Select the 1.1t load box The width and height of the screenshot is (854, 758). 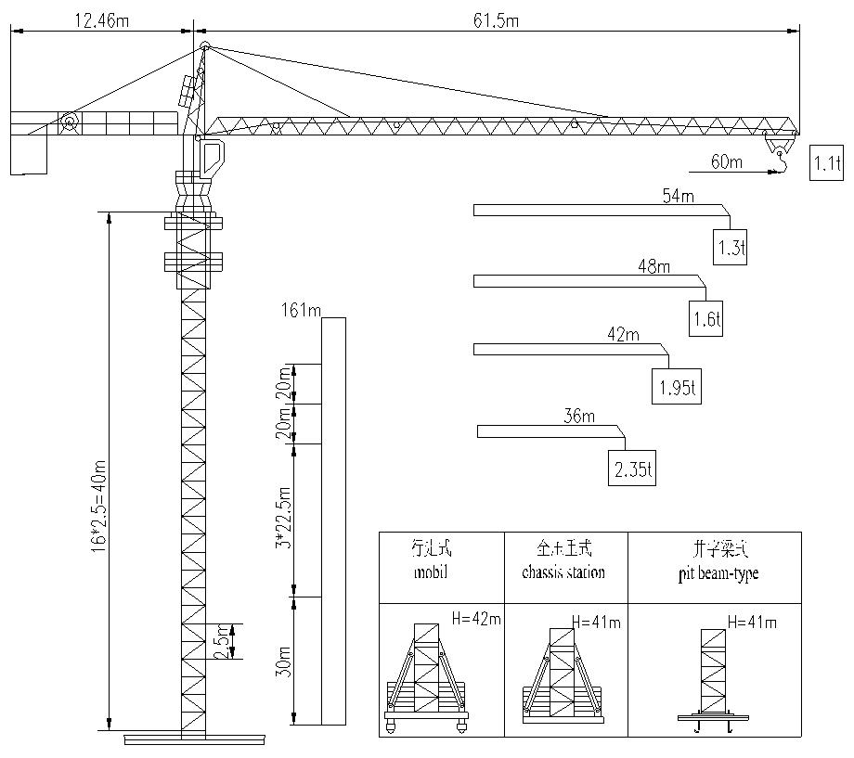tap(825, 163)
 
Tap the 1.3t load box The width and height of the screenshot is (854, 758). tap(730, 247)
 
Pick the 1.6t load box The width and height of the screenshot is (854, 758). tap(705, 319)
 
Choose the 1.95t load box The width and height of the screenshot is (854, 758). tap(676, 388)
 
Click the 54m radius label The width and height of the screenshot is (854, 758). tap(678, 196)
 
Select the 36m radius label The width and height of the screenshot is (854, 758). tap(579, 417)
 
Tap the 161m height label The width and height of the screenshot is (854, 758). tap(300, 310)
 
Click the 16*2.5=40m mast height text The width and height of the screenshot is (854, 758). tap(98, 505)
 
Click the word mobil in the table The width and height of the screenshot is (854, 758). tap(431, 572)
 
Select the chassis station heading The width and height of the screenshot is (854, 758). tap(563, 572)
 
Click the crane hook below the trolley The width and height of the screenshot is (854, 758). tap(780, 163)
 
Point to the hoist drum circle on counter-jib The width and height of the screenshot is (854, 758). tap(69, 122)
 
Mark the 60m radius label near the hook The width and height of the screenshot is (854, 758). tap(727, 162)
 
